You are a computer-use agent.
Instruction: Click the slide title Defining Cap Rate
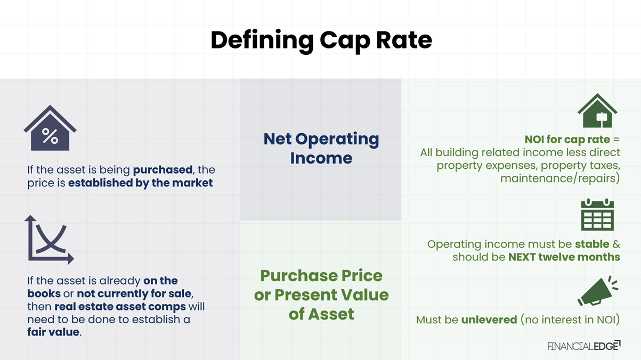point(321,40)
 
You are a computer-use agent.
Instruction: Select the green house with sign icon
point(597,111)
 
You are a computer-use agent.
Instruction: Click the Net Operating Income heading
point(321,148)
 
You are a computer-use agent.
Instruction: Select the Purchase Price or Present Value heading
point(321,294)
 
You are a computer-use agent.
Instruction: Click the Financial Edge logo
point(584,346)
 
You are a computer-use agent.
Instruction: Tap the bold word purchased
point(163,170)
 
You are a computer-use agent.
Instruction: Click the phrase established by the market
point(140,183)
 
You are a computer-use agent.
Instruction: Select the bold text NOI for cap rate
point(567,140)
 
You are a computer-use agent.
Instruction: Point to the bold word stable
point(591,244)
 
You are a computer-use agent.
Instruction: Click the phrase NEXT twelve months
point(564,257)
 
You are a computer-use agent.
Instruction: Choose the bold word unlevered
point(489,320)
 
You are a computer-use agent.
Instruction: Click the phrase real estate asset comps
point(120,307)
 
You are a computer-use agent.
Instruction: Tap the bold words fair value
point(53,332)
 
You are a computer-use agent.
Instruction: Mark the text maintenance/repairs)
point(560,178)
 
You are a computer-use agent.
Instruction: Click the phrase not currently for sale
point(127,294)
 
